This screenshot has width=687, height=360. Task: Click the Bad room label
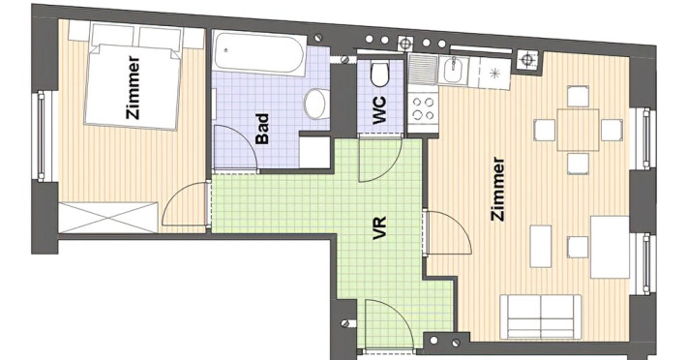tap(262, 129)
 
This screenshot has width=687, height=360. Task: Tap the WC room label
tap(379, 110)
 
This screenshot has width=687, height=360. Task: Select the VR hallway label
tap(379, 227)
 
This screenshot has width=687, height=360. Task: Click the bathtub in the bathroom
tap(260, 53)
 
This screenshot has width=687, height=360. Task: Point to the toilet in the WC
tap(379, 75)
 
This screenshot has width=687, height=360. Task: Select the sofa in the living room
tap(541, 316)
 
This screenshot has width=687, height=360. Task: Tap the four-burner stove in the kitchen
tap(423, 109)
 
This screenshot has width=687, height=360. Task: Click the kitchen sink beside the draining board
tap(454, 70)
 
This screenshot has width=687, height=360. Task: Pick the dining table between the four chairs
tap(578, 130)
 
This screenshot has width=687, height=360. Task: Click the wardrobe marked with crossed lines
tap(108, 217)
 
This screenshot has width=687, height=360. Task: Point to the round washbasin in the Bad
tap(315, 104)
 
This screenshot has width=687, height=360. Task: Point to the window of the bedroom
tap(42, 136)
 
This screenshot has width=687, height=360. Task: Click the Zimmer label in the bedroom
tap(133, 88)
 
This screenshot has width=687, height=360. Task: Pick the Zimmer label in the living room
tap(498, 189)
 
